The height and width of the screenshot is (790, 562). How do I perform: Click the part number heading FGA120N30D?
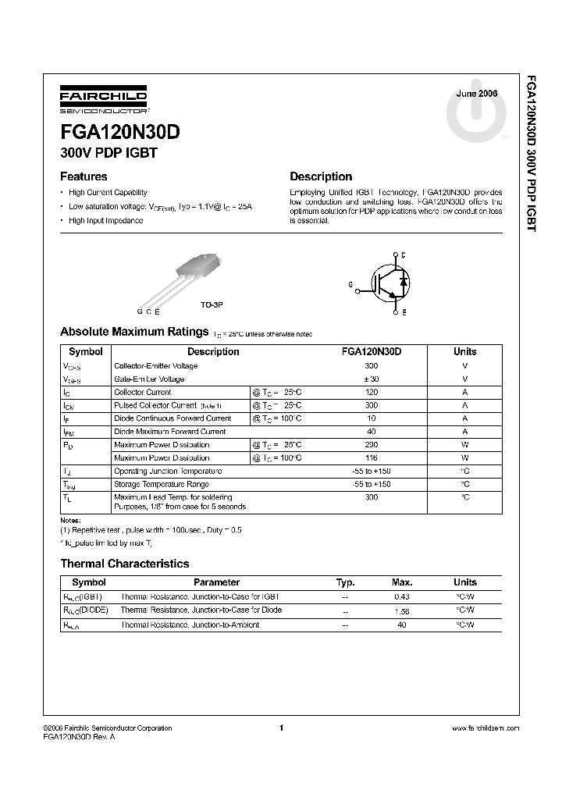pos(120,133)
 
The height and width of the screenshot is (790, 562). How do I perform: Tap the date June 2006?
pos(477,93)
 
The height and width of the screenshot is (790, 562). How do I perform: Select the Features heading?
pos(84,176)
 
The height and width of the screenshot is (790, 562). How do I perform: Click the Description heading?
pos(321,176)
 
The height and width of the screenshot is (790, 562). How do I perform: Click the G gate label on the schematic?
pos(350,286)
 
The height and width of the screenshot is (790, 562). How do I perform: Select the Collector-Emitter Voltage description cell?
pos(156,366)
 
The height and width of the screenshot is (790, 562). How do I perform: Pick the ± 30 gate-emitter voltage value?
pos(372,379)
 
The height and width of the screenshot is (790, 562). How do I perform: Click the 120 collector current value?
pos(372,393)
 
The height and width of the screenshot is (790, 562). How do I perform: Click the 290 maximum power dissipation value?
pos(372,445)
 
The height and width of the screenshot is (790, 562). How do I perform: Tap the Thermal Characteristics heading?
pos(125,563)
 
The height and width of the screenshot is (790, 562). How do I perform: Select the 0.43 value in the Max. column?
pos(402,596)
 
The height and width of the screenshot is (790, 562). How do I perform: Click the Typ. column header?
pos(345,582)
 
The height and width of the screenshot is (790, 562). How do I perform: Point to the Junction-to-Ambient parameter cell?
pos(190,625)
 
